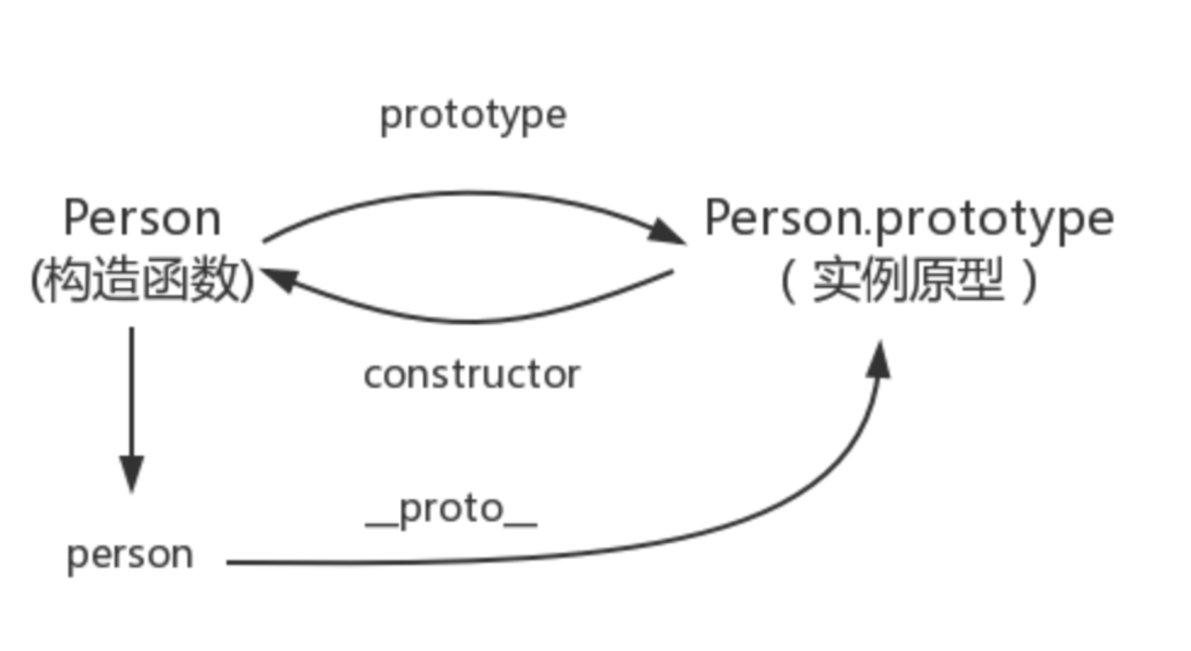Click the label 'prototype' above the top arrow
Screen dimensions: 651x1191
(x=473, y=115)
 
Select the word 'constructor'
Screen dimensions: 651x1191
(x=471, y=375)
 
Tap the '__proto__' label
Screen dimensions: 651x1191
(x=451, y=509)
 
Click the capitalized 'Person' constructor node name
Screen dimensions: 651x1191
(x=142, y=217)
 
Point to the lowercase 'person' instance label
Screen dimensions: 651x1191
(x=130, y=555)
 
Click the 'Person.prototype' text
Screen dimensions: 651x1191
(x=909, y=218)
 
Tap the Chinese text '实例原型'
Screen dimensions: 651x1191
(x=909, y=280)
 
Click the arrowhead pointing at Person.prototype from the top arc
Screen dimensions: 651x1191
(x=668, y=233)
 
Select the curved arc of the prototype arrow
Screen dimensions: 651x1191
(x=467, y=193)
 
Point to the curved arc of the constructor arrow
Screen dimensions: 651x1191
(x=474, y=320)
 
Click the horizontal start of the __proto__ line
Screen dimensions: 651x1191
(x=292, y=562)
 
